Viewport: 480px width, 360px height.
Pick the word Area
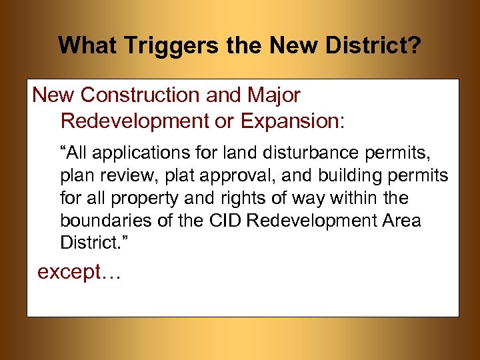[x=400, y=220]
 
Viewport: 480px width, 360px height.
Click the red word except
[x=69, y=273]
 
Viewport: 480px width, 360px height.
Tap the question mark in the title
[x=415, y=45]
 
